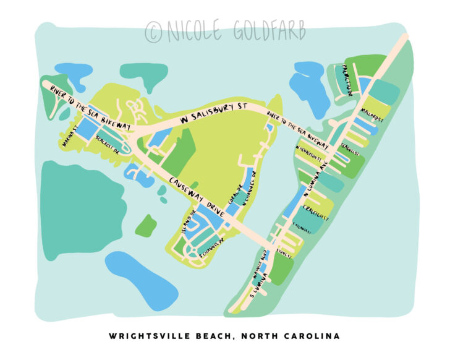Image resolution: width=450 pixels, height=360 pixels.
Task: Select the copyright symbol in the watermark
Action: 153,32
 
